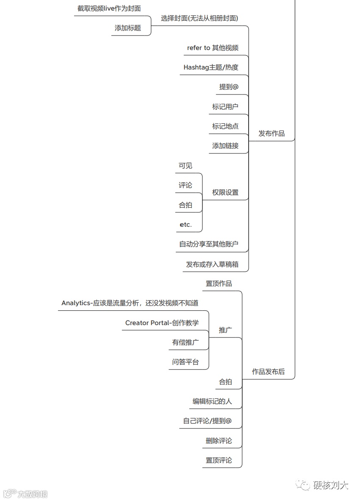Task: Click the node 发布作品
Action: tap(271, 134)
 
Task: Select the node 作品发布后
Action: tap(268, 372)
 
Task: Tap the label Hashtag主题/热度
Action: tap(210, 67)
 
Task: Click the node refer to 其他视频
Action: tap(213, 48)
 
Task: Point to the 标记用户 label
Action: tap(225, 107)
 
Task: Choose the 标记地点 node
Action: tap(225, 126)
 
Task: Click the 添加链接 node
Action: tap(225, 146)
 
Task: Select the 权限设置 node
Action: tap(225, 192)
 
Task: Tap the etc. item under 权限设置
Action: tap(186, 225)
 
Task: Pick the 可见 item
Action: tap(185, 166)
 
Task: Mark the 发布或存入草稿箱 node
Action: tap(212, 264)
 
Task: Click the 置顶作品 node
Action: tap(219, 284)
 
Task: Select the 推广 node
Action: tap(225, 330)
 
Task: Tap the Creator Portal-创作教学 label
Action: tap(162, 323)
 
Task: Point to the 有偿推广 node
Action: tap(185, 342)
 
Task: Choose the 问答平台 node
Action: tap(185, 362)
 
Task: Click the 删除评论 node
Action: tap(219, 441)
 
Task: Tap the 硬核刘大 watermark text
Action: tap(331, 485)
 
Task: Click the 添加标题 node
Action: tap(127, 28)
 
